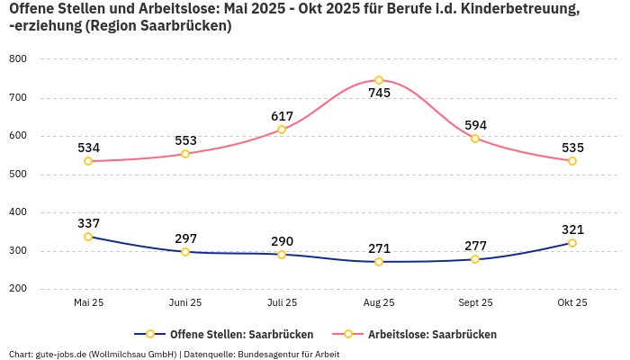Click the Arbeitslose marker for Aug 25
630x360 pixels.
[379, 80]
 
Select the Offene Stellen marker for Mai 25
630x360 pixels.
[88, 237]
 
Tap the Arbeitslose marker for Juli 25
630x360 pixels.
[282, 130]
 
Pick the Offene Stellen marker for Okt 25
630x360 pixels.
[572, 243]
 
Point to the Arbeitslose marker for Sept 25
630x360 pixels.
[475, 139]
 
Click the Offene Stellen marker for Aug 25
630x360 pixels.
[379, 262]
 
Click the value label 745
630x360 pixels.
[379, 93]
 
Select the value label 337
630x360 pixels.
[88, 223]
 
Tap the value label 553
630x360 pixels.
[185, 140]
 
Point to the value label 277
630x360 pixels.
[475, 246]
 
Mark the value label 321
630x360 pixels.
[572, 229]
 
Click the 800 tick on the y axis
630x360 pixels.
[18, 59]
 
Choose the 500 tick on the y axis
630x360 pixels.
[18, 175]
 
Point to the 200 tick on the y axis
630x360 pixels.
[18, 289]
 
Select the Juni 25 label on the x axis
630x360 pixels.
[185, 303]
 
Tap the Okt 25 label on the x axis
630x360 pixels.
[572, 303]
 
